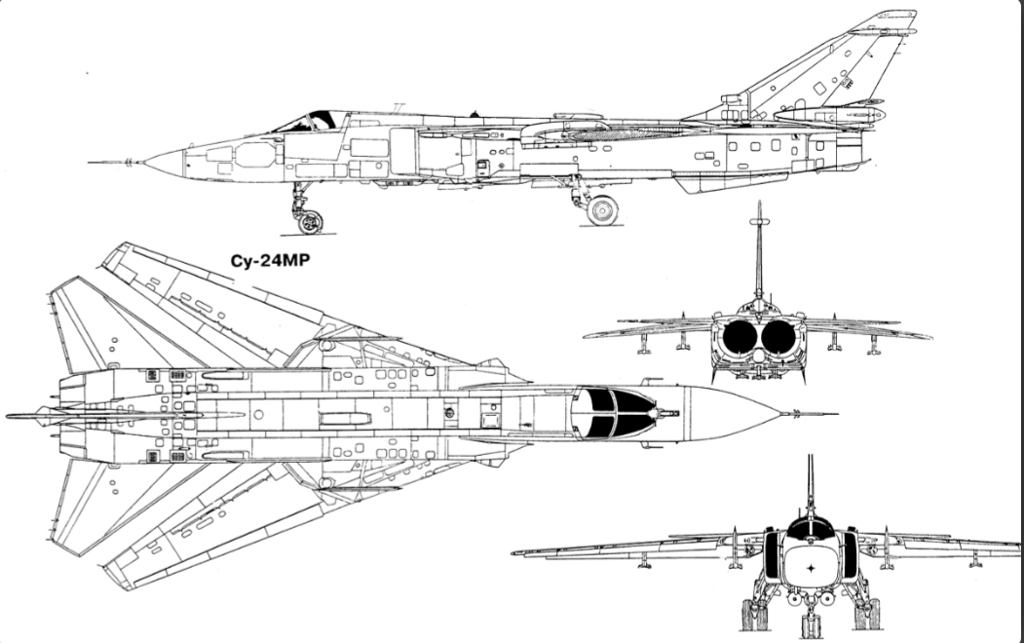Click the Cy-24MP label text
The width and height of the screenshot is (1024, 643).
coord(270,260)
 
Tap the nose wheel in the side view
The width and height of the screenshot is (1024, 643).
coord(310,222)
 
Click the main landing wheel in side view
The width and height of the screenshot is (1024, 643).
coord(602,210)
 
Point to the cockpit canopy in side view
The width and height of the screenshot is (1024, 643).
coord(311,122)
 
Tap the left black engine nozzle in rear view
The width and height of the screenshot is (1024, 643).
coord(739,335)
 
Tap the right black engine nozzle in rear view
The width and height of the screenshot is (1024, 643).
coord(778,335)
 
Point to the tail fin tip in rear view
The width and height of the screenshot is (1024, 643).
coord(759,203)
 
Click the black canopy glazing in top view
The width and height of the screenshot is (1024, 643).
coord(613,412)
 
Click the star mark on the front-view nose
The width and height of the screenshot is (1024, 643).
coord(811,568)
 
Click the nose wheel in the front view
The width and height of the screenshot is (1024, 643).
coord(811,625)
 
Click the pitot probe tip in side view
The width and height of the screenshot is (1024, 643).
coord(90,162)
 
